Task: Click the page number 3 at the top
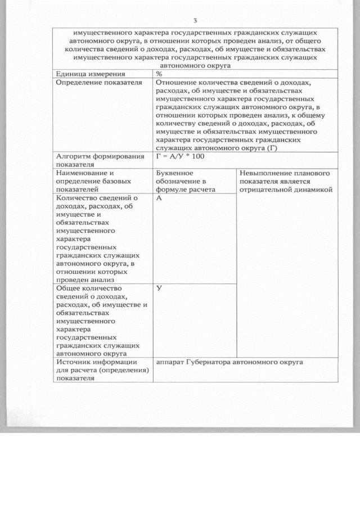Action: point(195,21)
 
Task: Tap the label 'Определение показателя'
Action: point(97,82)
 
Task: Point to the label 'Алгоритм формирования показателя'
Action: point(97,160)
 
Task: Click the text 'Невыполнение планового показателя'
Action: point(284,177)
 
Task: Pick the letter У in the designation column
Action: point(159,287)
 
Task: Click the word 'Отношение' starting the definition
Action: point(175,82)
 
